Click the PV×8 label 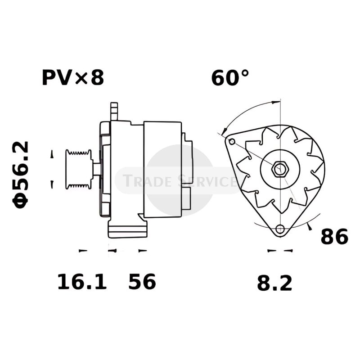coord(73,77)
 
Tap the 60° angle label coord(230,78)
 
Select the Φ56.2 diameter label coord(22,175)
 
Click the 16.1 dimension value coord(82,282)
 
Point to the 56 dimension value coord(142,282)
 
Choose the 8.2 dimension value coord(274,283)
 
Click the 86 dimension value coord(334,237)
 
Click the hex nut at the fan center coord(280,170)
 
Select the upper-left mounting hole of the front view coord(232,142)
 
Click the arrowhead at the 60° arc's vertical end coord(274,103)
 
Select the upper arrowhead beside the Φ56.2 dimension coord(52,154)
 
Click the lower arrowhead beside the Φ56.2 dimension coord(52,184)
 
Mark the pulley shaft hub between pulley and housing coord(96,169)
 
